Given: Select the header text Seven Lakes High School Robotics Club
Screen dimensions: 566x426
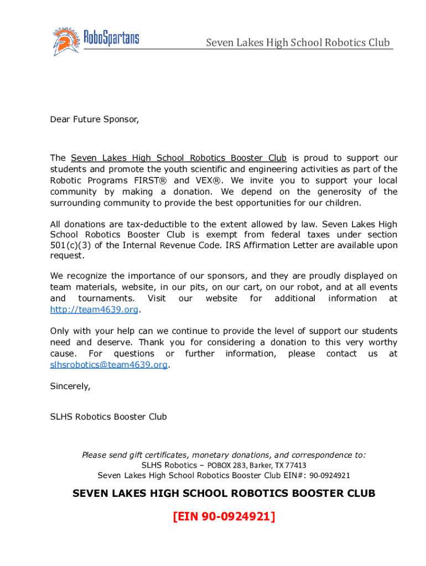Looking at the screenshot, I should point(298,43).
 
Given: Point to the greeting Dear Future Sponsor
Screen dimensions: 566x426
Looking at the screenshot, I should point(95,119).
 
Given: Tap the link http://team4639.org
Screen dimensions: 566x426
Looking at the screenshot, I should point(94,310).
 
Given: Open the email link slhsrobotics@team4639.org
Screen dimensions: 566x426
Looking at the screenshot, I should point(109,365).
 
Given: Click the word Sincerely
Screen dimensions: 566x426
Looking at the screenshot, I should point(70,386).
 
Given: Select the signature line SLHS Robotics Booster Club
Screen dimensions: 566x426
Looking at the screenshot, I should point(108,417).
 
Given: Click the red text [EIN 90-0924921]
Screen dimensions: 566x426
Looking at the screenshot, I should point(224,516).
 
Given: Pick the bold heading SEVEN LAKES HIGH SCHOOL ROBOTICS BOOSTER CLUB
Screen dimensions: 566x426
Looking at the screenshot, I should point(224,493).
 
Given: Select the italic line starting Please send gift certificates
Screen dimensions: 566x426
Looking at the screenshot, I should point(224,455).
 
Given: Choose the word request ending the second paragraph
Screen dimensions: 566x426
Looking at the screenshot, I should point(67,256).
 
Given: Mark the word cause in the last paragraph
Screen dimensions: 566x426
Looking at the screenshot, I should point(63,354).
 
